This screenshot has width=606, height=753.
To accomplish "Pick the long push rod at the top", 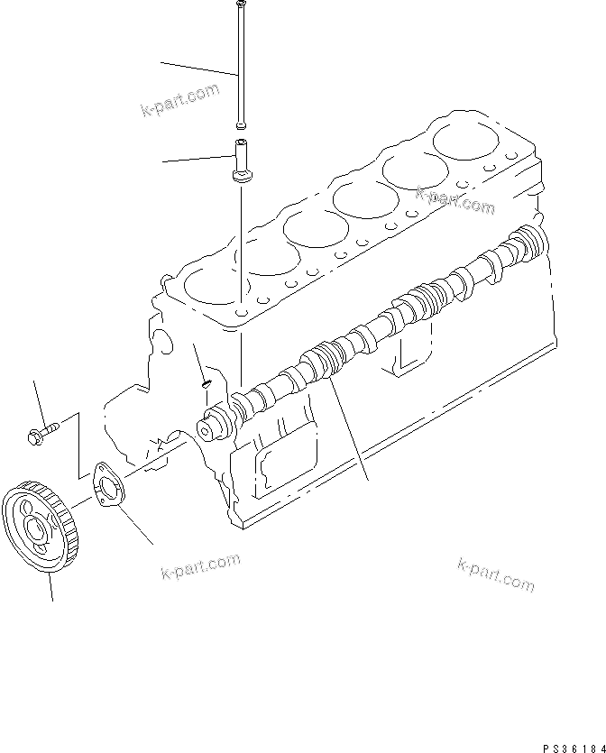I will (x=242, y=63).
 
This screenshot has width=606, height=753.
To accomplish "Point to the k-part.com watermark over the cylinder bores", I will (x=454, y=200).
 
